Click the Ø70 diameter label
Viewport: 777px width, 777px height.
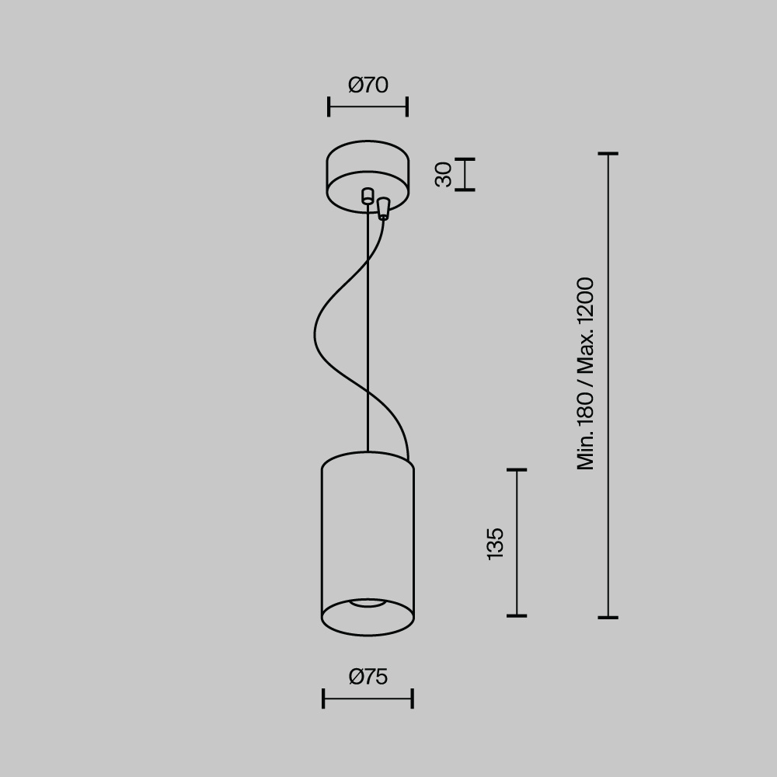pos(368,85)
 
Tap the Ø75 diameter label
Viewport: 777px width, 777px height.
pos(368,677)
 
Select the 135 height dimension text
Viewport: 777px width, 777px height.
pos(495,543)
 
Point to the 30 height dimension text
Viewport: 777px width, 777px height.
pos(444,174)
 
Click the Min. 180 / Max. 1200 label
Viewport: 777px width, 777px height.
pos(586,373)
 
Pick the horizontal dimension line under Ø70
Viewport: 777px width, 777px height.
pos(368,106)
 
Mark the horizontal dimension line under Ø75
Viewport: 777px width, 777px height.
pos(368,698)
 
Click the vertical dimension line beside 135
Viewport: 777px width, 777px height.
pos(517,543)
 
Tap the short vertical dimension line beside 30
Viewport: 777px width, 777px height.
pos(465,174)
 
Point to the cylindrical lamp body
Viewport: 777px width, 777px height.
pos(368,536)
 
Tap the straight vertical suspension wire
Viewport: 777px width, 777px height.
pos(368,326)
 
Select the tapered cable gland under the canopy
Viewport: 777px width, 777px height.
pos(383,208)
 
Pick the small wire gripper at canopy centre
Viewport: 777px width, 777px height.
pos(368,196)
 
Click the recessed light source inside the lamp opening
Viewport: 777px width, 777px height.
pos(368,602)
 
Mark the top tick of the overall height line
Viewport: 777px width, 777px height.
pos(608,154)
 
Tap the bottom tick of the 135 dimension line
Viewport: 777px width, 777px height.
pos(517,615)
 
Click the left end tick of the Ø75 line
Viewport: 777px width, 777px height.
pos(323,698)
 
